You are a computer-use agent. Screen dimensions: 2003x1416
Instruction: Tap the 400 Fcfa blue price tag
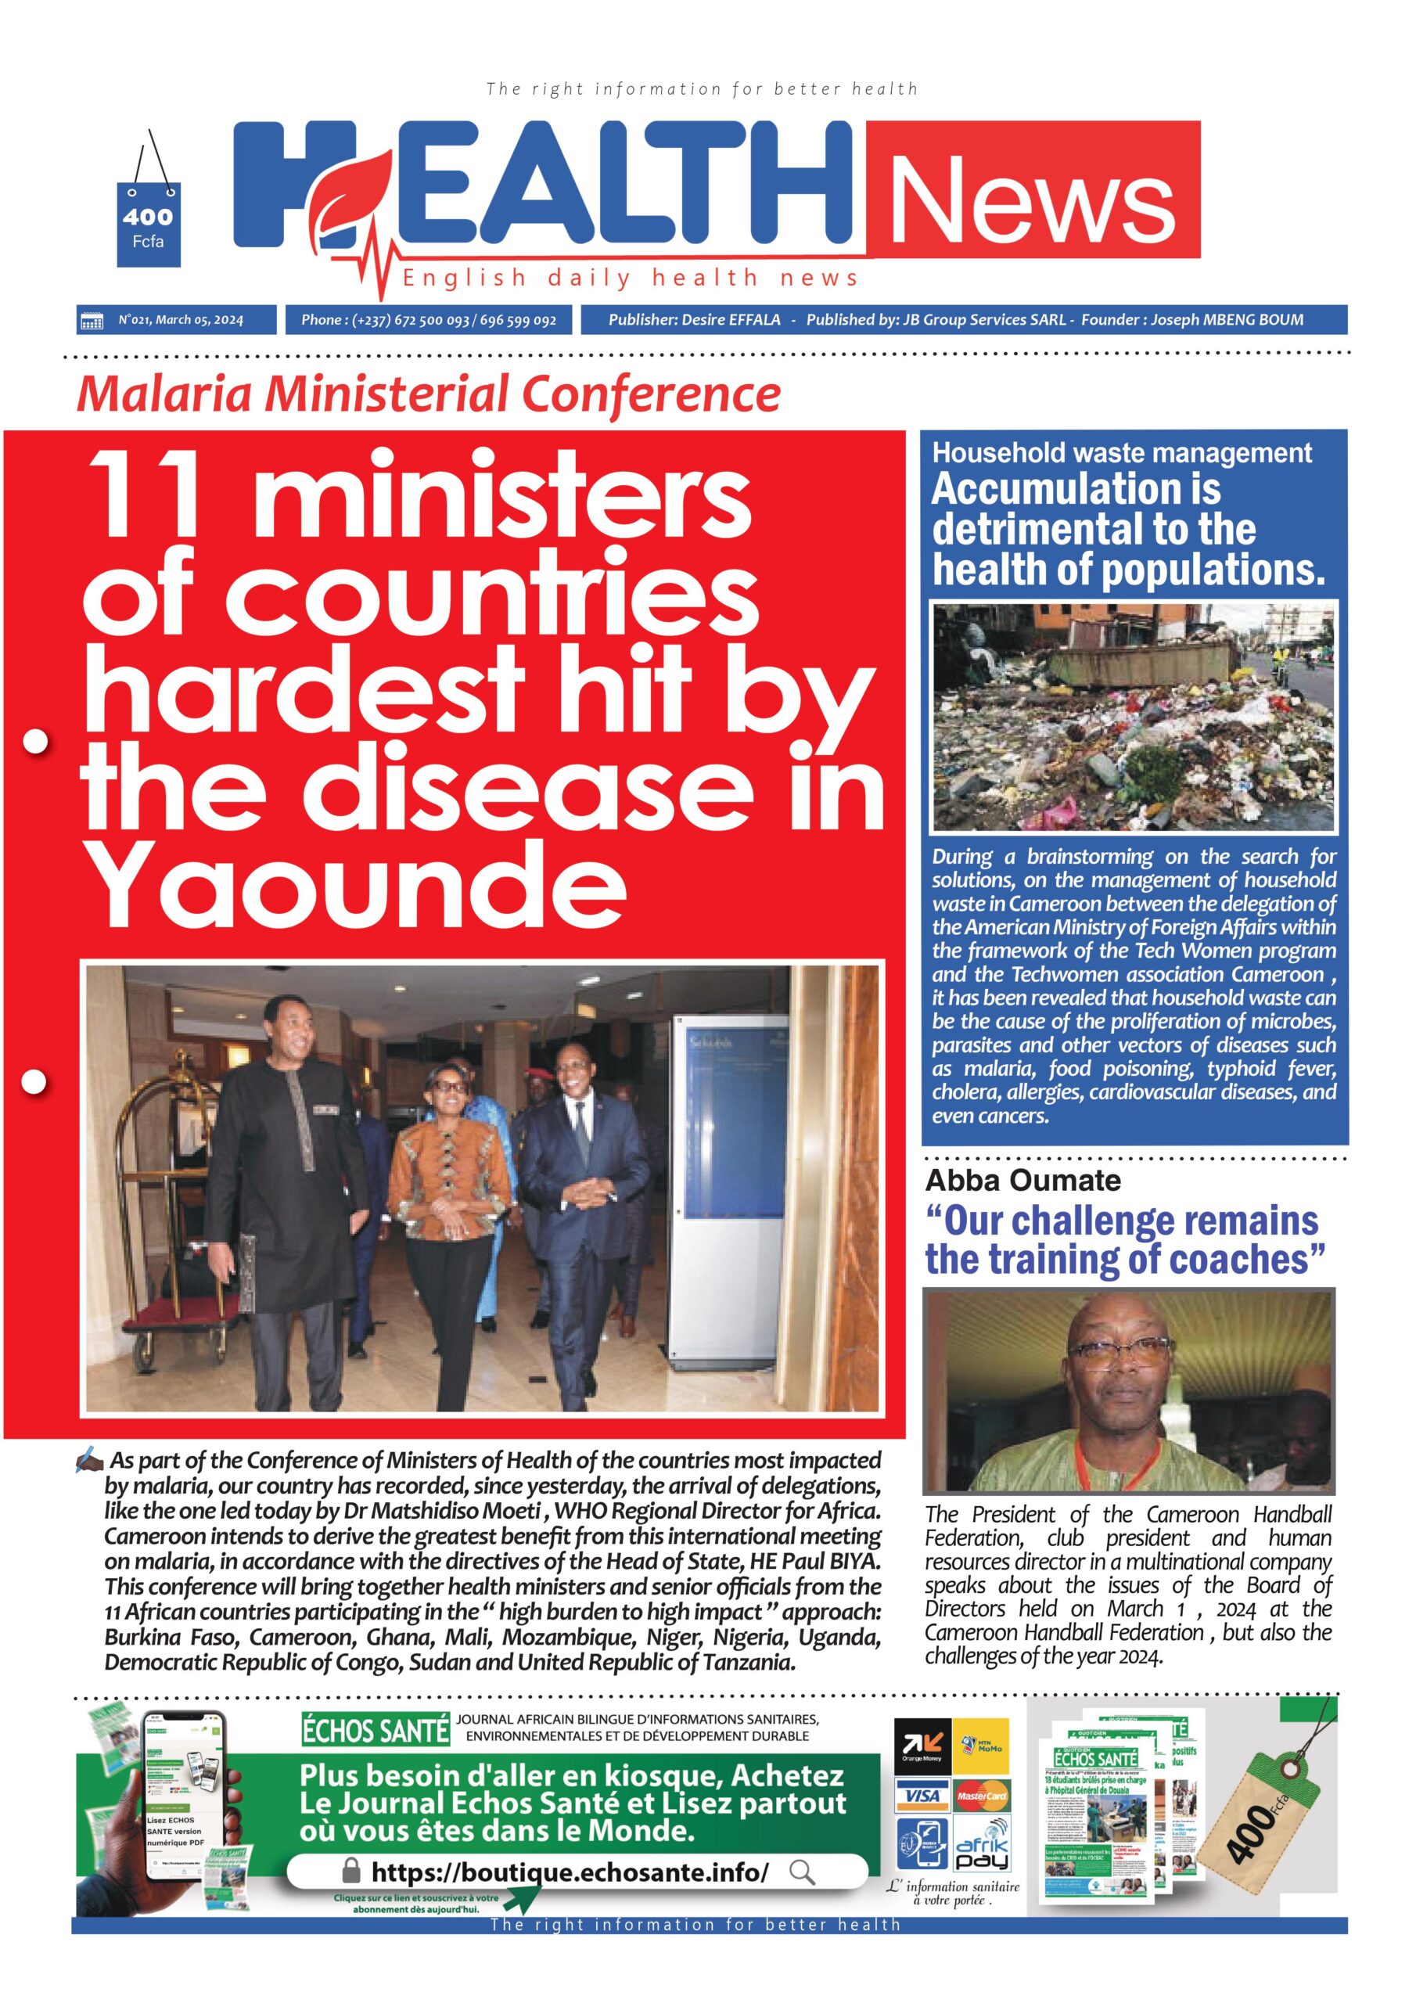tap(149, 225)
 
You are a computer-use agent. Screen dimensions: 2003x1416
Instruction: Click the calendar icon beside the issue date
tap(92, 320)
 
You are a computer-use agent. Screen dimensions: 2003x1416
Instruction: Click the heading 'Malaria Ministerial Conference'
tap(427, 394)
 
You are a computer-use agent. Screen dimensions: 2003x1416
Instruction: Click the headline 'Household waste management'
tap(1121, 453)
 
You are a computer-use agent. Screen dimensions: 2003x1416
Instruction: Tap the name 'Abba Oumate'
tap(1022, 1181)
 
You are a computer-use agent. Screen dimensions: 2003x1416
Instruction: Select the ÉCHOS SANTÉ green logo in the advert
tap(376, 1731)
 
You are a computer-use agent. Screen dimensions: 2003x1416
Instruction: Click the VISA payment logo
tap(922, 1796)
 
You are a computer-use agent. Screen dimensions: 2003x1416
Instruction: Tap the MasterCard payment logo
tap(982, 1796)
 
